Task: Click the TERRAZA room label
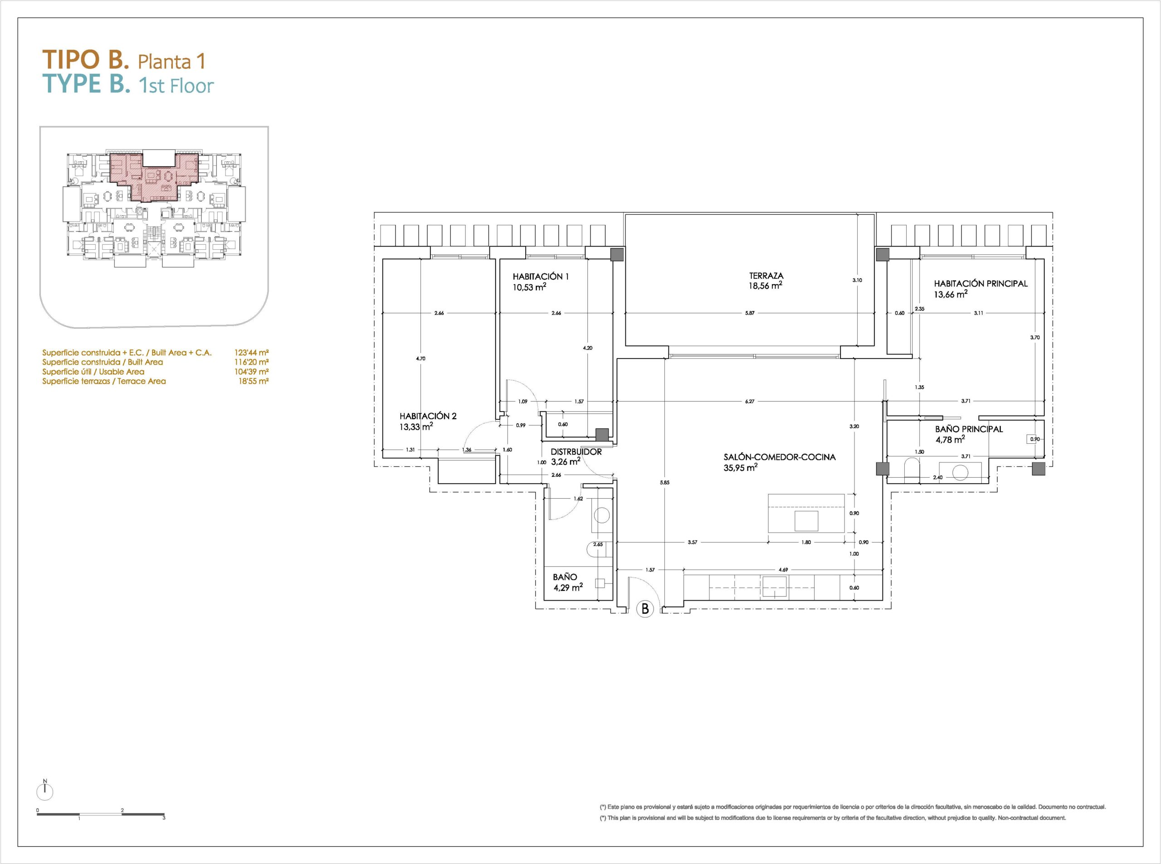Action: tap(766, 276)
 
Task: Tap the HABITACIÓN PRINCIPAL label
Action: tap(981, 283)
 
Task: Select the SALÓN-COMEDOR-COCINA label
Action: tap(780, 456)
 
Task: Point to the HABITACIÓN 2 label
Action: tap(428, 416)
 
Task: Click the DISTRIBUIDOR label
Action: tap(576, 452)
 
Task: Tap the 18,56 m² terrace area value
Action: tap(766, 286)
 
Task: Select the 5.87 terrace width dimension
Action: tap(749, 313)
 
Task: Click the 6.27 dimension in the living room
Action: tap(749, 402)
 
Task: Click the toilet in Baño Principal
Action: tap(911, 469)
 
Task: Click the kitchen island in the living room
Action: tap(806, 513)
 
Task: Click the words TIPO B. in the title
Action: tap(85, 60)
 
